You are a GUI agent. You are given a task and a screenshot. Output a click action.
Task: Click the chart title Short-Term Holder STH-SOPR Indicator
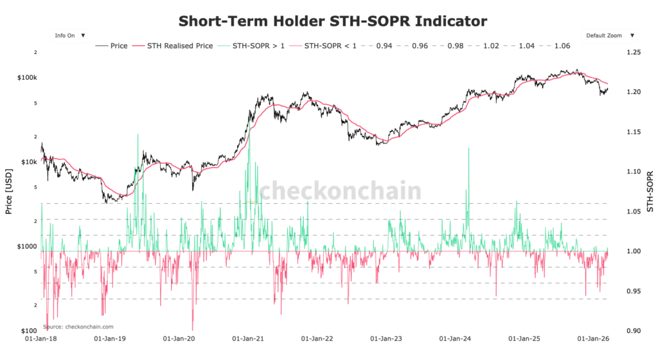pyautogui.click(x=332, y=21)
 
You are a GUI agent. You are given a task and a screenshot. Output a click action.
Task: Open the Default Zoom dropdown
pyautogui.click(x=609, y=35)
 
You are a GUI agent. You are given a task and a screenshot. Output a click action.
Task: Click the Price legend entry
pyautogui.click(x=112, y=46)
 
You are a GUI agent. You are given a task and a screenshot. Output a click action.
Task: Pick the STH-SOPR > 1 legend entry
pyautogui.click(x=252, y=46)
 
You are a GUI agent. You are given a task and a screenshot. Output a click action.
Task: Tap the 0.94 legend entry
pyautogui.click(x=384, y=46)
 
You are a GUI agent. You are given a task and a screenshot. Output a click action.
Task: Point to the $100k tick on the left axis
pyautogui.click(x=28, y=77)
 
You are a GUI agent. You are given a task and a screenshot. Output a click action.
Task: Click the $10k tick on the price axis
pyautogui.click(x=30, y=161)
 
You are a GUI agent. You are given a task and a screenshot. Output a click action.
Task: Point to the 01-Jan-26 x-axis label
pyautogui.click(x=595, y=337)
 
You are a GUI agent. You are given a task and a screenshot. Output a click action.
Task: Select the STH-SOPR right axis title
pyautogui.click(x=650, y=192)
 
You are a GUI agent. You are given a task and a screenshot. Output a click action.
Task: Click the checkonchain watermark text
pyautogui.click(x=339, y=191)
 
